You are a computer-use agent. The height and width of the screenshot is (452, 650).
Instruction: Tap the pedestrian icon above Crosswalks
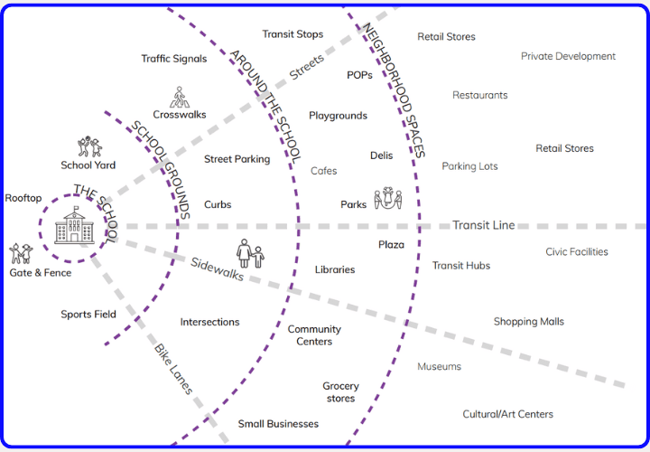pyautogui.click(x=179, y=96)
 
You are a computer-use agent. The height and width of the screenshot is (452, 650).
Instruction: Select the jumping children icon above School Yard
pyautogui.click(x=89, y=146)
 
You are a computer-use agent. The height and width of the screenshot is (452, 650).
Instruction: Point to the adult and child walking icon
pyautogui.click(x=250, y=254)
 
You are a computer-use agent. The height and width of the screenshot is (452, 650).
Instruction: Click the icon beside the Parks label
pyautogui.click(x=387, y=199)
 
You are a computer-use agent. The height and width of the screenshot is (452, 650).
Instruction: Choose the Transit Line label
pyautogui.click(x=483, y=225)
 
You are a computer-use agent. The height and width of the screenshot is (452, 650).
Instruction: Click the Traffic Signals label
pyautogui.click(x=173, y=59)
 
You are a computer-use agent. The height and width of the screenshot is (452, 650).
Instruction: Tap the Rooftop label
pyautogui.click(x=23, y=198)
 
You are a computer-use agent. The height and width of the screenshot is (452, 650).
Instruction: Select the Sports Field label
pyautogui.click(x=88, y=315)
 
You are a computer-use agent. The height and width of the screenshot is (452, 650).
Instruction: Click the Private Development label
pyautogui.click(x=568, y=56)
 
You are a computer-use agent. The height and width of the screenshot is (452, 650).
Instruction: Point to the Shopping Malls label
pyautogui.click(x=528, y=322)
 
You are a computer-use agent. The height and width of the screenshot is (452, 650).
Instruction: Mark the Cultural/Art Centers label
pyautogui.click(x=507, y=414)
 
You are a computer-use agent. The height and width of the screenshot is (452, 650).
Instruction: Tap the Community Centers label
pyautogui.click(x=314, y=335)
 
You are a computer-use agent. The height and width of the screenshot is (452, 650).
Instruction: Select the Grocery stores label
pyautogui.click(x=340, y=392)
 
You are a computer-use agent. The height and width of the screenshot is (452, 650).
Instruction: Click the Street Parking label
pyautogui.click(x=237, y=159)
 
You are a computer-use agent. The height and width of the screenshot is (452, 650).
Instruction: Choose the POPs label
pyautogui.click(x=359, y=75)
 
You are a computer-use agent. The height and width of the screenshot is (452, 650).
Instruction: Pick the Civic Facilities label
pyautogui.click(x=576, y=252)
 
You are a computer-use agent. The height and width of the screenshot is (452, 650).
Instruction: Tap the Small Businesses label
pyautogui.click(x=278, y=424)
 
